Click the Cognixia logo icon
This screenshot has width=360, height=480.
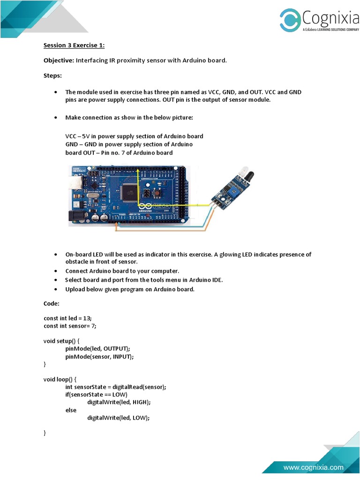[x=290, y=20]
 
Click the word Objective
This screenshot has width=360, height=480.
[x=59, y=60]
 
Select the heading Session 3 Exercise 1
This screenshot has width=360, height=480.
[x=74, y=45]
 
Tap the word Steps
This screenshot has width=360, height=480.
[x=52, y=75]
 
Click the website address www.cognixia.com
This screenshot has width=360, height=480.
[x=313, y=467]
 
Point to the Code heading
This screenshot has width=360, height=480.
[x=52, y=304]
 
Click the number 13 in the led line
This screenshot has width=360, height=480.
[x=87, y=318]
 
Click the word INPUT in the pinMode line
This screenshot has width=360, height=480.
[x=122, y=357]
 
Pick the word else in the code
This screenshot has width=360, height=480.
[x=71, y=410]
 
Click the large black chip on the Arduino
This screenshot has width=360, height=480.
[x=128, y=190]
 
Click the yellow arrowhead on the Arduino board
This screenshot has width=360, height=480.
[x=138, y=172]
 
